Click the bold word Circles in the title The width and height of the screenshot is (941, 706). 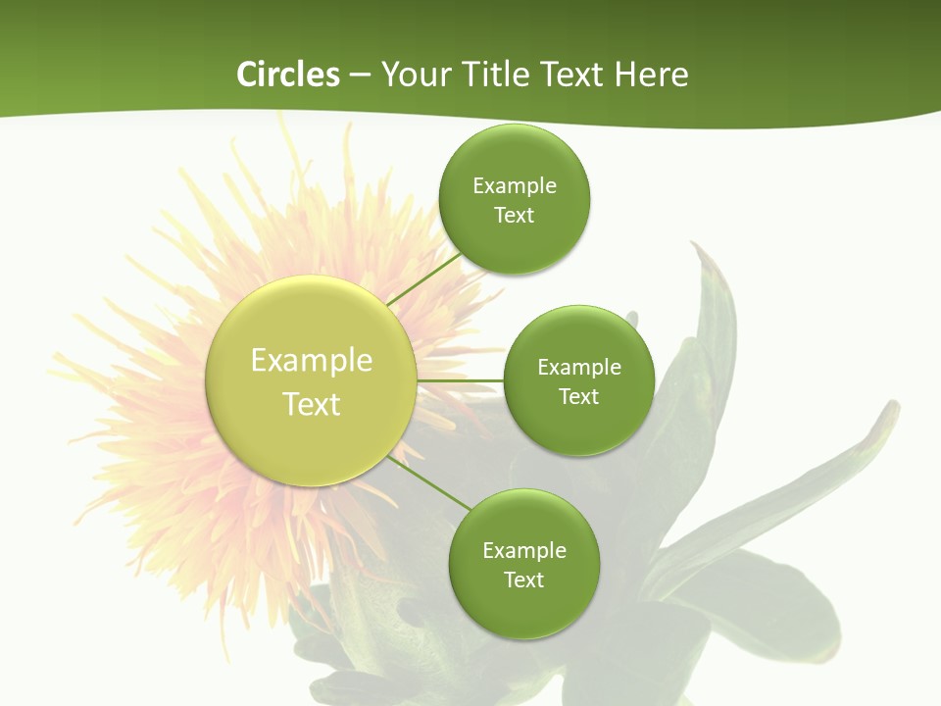[288, 75]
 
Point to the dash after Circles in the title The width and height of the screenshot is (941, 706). [360, 76]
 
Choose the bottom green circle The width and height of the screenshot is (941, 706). [523, 608]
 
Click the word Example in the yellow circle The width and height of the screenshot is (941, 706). [312, 361]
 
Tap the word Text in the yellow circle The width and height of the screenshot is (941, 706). [312, 404]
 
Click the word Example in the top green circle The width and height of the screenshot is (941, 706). [515, 186]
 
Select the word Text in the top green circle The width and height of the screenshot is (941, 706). [514, 216]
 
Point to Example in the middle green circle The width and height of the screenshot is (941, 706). [579, 368]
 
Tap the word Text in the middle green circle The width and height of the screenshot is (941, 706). [578, 397]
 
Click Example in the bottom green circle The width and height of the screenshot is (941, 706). [524, 551]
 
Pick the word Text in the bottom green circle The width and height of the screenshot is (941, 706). [523, 580]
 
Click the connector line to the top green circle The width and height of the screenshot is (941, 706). [423, 278]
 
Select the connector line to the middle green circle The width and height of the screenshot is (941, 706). [460, 380]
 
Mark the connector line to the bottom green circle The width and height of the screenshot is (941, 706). [430, 482]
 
